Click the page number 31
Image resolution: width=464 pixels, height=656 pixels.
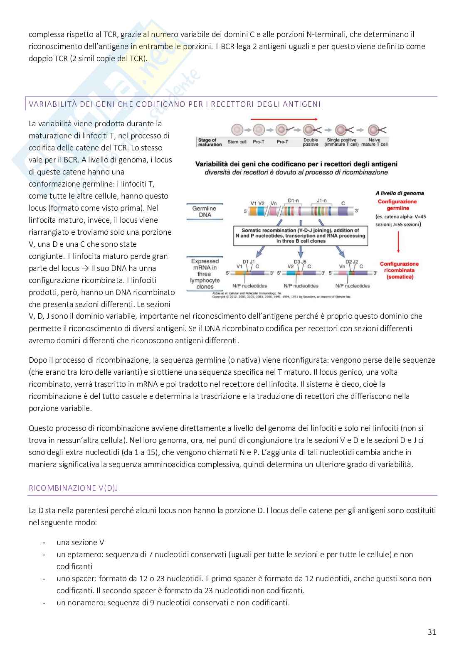pyautogui.click(x=432, y=632)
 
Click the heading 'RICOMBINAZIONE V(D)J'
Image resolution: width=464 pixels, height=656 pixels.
pyautogui.click(x=73, y=488)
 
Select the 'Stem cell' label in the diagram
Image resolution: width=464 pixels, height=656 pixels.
pyautogui.click(x=237, y=142)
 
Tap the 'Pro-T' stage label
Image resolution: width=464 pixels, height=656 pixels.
pyautogui.click(x=258, y=142)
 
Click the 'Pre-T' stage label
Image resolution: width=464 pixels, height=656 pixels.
pyautogui.click(x=282, y=142)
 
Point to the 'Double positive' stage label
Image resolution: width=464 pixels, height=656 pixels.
pyautogui.click(x=311, y=142)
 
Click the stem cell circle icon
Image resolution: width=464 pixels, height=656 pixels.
pyautogui.click(x=237, y=130)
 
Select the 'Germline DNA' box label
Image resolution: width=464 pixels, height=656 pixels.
pyautogui.click(x=205, y=211)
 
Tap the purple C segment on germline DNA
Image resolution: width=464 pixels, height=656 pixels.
pyautogui.click(x=343, y=211)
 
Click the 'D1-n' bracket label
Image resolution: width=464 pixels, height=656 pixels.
pyautogui.click(x=293, y=201)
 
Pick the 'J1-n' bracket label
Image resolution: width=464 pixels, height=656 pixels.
pyautogui.click(x=321, y=201)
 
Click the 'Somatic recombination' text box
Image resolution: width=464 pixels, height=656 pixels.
pyautogui.click(x=300, y=235)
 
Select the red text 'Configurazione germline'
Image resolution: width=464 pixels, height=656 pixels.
pyautogui.click(x=397, y=205)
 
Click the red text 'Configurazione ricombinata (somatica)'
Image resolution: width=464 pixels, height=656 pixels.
pyautogui.click(x=399, y=270)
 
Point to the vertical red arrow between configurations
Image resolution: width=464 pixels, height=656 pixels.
pyautogui.click(x=398, y=242)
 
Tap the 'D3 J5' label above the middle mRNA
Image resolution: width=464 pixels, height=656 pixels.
pyautogui.click(x=300, y=262)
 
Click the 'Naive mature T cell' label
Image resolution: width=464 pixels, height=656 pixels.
pyautogui.click(x=374, y=142)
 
